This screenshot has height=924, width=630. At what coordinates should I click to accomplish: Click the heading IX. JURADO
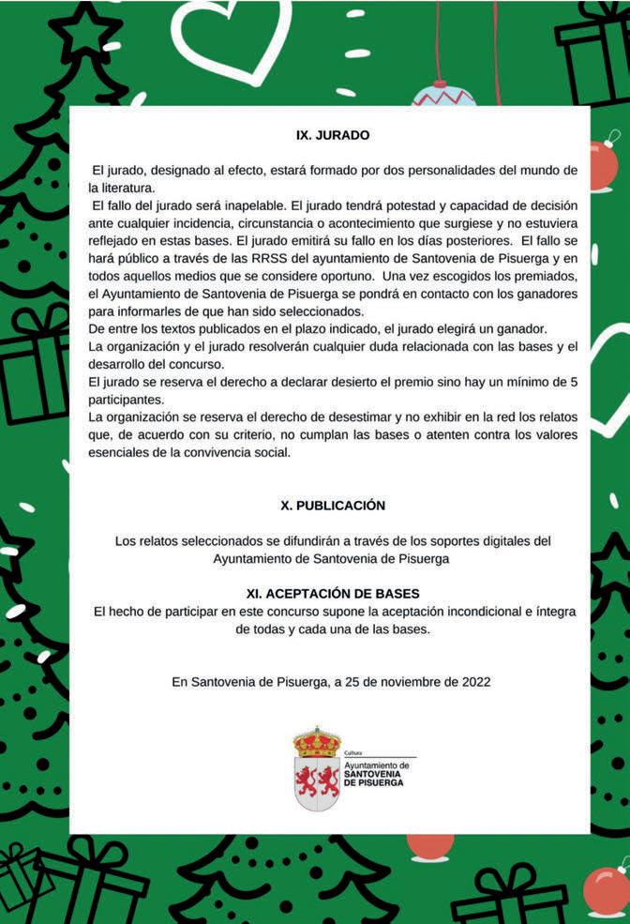(333, 135)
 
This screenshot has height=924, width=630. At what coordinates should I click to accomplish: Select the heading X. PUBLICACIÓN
(333, 505)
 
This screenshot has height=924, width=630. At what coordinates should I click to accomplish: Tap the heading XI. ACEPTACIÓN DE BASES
(333, 594)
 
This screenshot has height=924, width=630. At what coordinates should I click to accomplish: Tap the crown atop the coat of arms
(317, 742)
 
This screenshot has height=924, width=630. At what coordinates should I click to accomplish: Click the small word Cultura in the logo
(353, 754)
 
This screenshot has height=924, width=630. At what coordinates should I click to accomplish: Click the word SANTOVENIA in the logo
(373, 774)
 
